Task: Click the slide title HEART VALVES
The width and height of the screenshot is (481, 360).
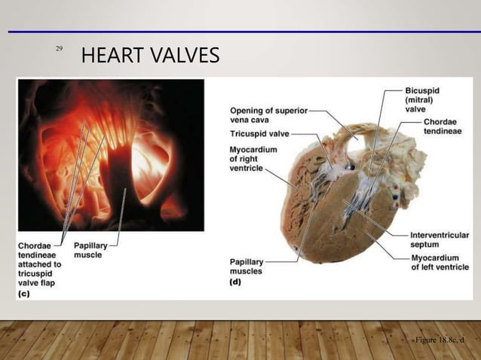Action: click(150, 55)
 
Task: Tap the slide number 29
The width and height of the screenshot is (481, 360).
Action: click(59, 49)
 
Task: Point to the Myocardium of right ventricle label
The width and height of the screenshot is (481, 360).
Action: click(253, 158)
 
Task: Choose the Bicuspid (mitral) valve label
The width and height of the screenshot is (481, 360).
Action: click(421, 99)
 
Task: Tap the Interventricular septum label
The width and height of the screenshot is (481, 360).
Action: click(439, 239)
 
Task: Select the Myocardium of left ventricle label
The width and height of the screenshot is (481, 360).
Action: click(439, 263)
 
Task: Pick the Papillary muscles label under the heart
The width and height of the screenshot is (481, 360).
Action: click(247, 266)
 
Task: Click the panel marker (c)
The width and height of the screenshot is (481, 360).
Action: click(24, 294)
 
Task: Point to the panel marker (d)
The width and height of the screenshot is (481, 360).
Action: click(235, 282)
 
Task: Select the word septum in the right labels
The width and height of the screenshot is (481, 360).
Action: click(427, 245)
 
